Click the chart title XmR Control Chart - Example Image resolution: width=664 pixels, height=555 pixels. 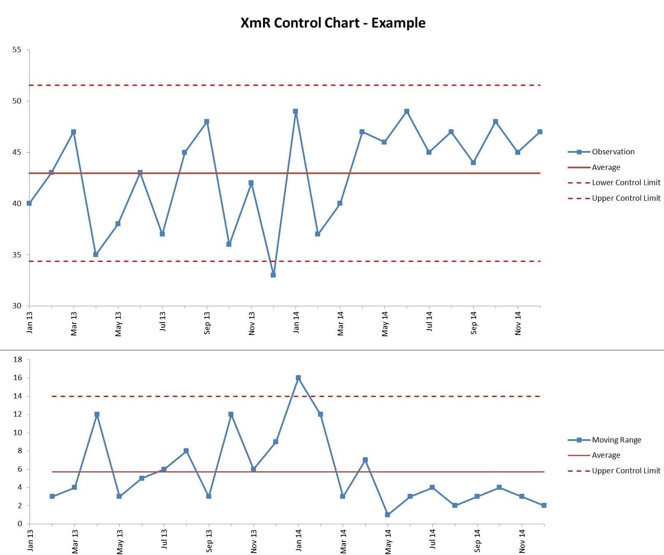click(x=332, y=23)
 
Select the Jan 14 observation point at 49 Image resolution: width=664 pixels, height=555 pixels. click(x=295, y=111)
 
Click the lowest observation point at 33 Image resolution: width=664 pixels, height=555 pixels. click(x=273, y=275)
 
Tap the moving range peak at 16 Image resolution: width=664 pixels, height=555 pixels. click(x=298, y=378)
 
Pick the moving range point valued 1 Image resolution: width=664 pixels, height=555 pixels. click(x=387, y=515)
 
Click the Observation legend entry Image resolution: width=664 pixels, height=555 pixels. click(x=613, y=152)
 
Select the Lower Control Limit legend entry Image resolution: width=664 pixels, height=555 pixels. click(x=626, y=183)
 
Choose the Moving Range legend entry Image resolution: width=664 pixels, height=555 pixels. click(x=616, y=440)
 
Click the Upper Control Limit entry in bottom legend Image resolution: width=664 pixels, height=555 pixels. click(x=626, y=471)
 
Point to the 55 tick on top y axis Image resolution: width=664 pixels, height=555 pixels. click(x=16, y=50)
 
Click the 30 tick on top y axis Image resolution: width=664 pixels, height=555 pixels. click(x=16, y=306)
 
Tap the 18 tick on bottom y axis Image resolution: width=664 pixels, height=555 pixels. click(x=18, y=360)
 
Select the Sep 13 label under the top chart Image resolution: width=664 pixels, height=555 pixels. click(x=207, y=323)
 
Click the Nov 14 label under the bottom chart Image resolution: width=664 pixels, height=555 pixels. click(x=522, y=541)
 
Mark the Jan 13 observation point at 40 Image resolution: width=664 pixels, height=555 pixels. click(x=29, y=203)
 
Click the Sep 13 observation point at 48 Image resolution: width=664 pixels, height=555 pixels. click(x=207, y=122)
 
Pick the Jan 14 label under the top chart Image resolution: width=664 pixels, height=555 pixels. click(x=296, y=322)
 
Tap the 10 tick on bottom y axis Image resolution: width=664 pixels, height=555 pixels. click(x=18, y=433)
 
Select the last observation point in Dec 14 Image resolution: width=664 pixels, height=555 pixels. click(x=540, y=132)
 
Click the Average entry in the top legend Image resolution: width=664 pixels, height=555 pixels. click(x=606, y=167)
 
